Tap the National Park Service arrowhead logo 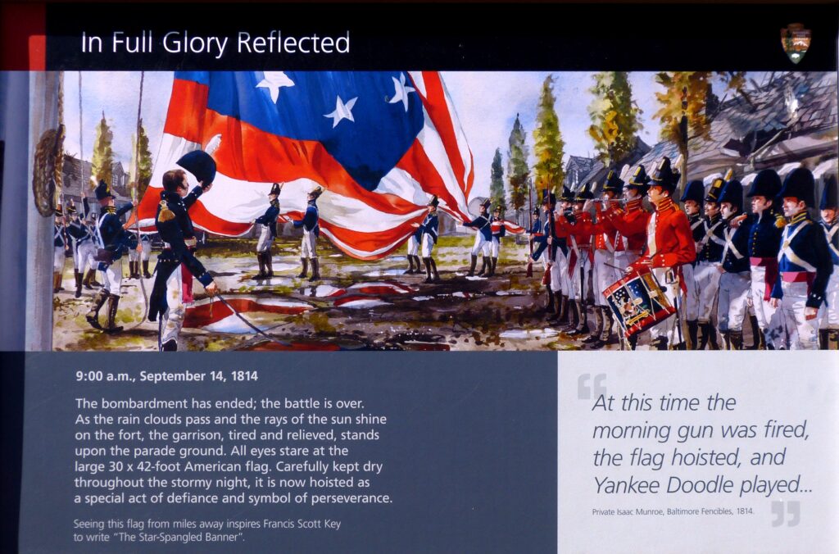(795, 42)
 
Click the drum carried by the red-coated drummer (639, 301)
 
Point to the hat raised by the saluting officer (197, 166)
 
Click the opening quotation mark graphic (592, 384)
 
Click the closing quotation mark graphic (785, 514)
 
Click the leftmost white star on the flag (274, 84)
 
